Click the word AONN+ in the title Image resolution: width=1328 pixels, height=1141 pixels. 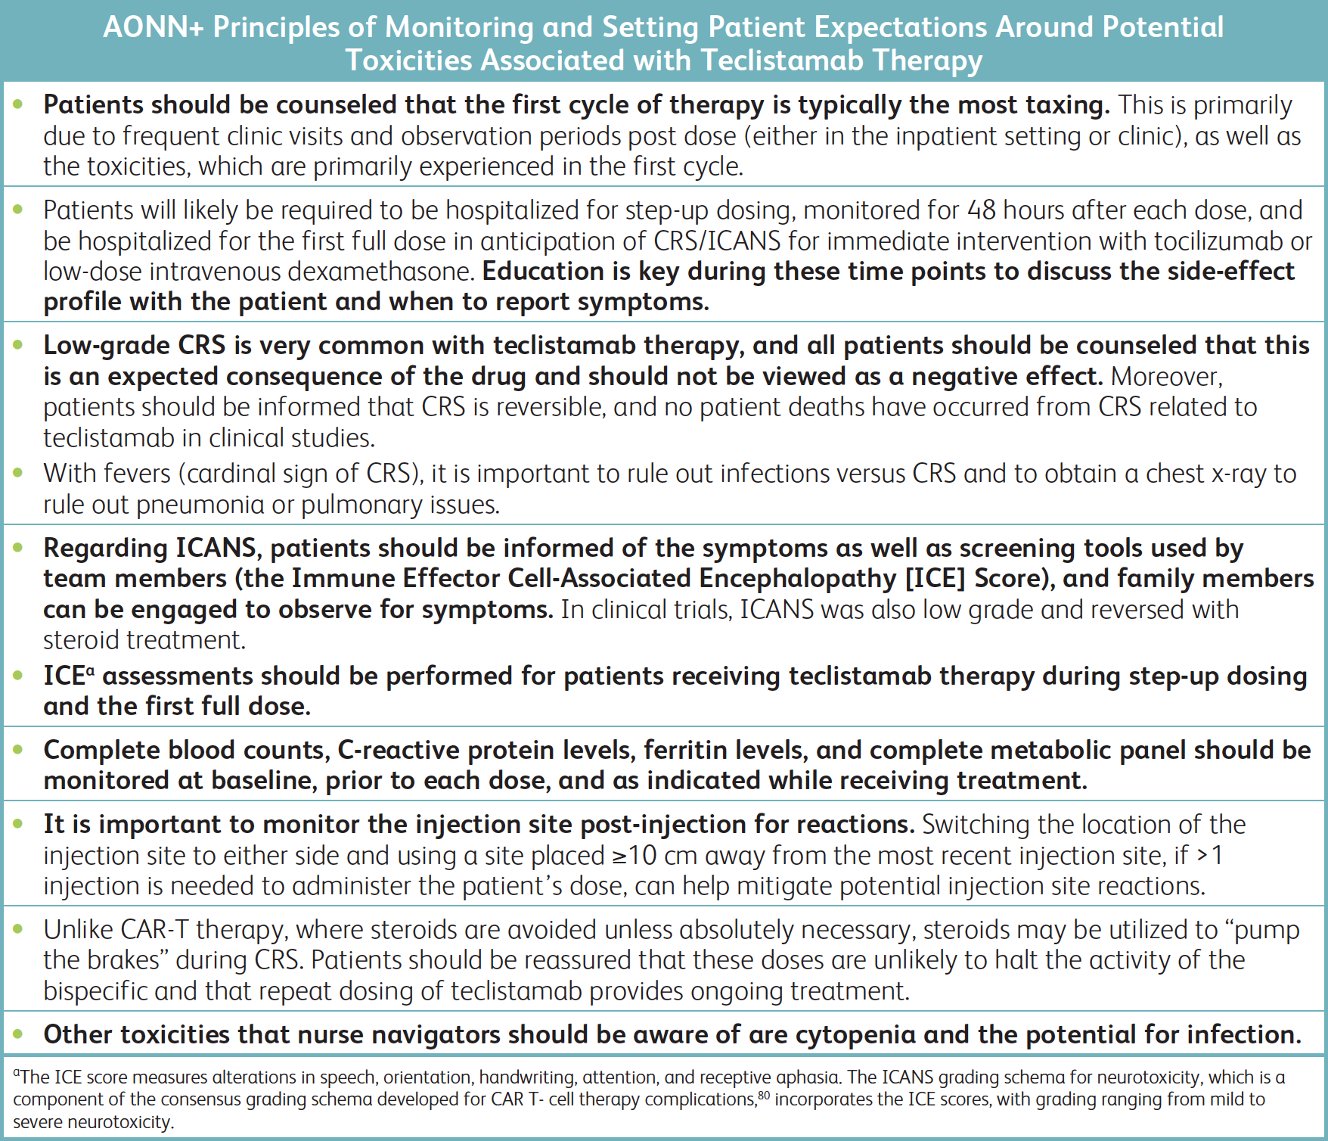154,27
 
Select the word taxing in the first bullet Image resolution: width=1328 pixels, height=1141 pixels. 1066,105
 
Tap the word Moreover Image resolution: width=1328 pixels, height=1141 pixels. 1165,376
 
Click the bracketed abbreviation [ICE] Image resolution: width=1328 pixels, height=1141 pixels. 935,579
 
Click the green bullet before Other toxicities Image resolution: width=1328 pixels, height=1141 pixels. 19,1034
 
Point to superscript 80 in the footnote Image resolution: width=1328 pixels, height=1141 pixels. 764,1094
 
